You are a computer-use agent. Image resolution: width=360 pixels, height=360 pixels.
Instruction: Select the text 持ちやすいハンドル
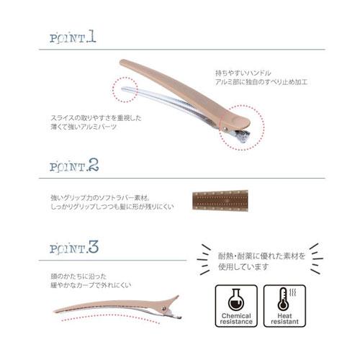[x=243, y=73]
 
